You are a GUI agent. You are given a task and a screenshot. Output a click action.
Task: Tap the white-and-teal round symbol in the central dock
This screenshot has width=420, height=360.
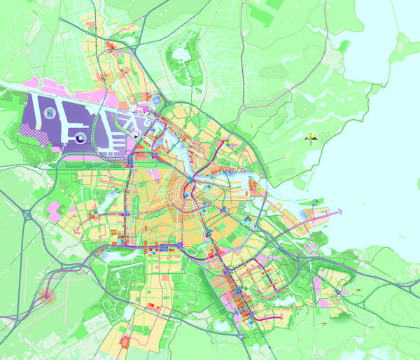coord(80,137)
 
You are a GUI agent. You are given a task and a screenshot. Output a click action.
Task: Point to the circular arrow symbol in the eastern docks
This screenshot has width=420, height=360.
coord(136,131)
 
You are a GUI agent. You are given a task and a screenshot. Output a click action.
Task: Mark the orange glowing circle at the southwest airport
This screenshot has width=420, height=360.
coord(48,297)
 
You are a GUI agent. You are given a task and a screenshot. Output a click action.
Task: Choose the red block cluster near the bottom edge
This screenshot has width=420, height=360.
coord(125,341)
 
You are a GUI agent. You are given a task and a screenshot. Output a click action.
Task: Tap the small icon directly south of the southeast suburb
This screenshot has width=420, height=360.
coord(325,325)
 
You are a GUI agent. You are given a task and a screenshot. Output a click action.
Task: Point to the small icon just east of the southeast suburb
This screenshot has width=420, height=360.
coord(358,288)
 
